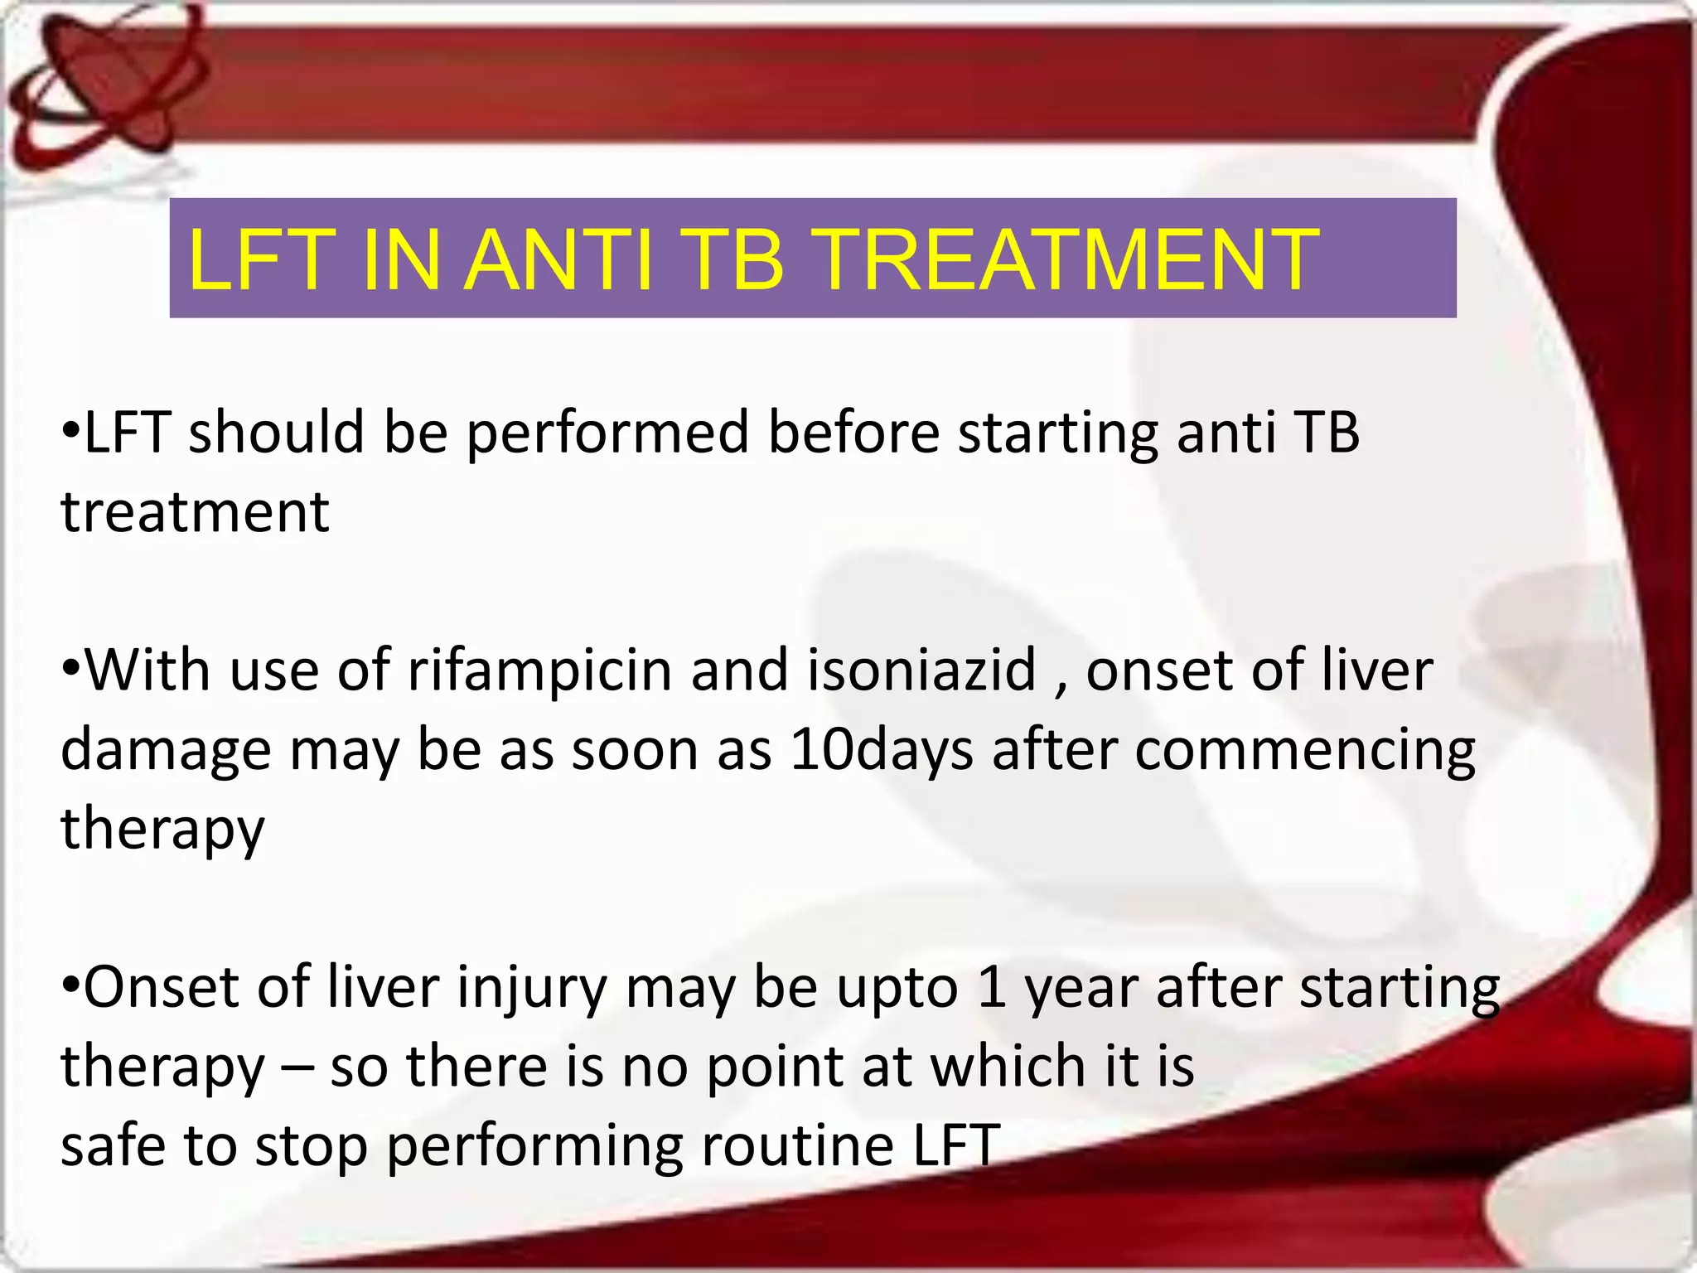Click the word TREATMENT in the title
click(x=1068, y=260)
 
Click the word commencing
click(x=1304, y=751)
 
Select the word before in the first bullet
click(x=853, y=433)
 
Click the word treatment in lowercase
click(x=196, y=512)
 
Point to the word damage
click(x=166, y=751)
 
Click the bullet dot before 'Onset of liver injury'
click(x=71, y=986)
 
